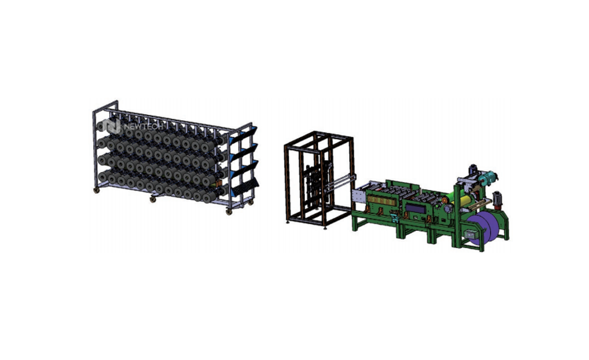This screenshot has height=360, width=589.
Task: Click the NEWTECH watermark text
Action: pyautogui.click(x=143, y=127)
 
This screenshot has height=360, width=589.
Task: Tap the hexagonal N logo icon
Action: pyautogui.click(x=112, y=126)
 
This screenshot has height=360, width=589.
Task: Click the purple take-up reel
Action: pyautogui.click(x=483, y=229)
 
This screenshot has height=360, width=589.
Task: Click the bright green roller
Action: pyautogui.click(x=450, y=199)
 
